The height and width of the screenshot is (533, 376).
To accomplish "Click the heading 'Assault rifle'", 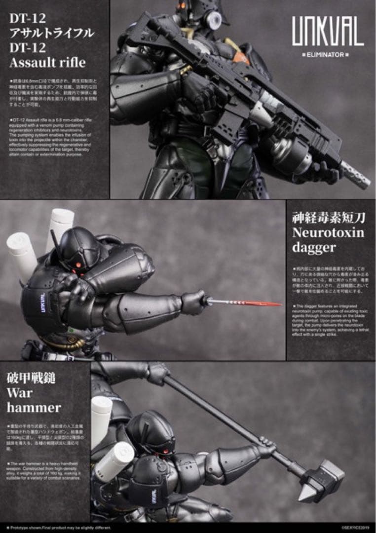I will [x=47, y=63].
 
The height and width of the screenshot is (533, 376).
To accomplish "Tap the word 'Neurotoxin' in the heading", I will [x=328, y=232].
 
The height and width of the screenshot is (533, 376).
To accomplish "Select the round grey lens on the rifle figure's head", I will [x=214, y=19].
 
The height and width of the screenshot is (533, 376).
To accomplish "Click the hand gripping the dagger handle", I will [x=193, y=302].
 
